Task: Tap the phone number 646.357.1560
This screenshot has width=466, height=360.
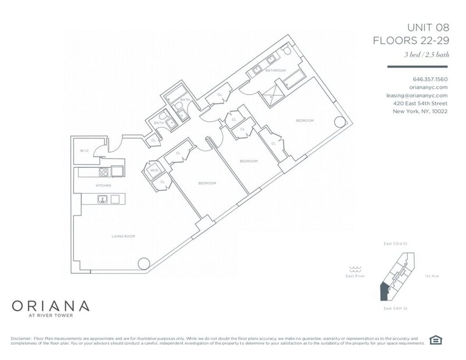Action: click(430, 79)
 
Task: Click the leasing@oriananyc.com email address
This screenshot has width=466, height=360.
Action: click(416, 95)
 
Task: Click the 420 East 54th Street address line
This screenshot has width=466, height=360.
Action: click(420, 103)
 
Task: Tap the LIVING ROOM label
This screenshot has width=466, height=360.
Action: click(123, 236)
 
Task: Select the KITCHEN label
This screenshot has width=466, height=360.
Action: click(104, 185)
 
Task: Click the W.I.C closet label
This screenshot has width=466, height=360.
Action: click(84, 151)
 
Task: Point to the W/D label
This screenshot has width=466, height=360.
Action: click(154, 170)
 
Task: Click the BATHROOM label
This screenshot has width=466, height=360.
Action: click(276, 70)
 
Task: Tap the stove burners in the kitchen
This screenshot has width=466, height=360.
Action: click(103, 171)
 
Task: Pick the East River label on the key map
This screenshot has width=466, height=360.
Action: click(355, 276)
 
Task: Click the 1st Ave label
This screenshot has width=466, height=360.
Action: click(432, 276)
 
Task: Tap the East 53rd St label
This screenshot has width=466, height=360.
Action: click(395, 243)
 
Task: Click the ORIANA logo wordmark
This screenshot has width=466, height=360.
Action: click(51, 305)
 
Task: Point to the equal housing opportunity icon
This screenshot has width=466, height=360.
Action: click(435, 340)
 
